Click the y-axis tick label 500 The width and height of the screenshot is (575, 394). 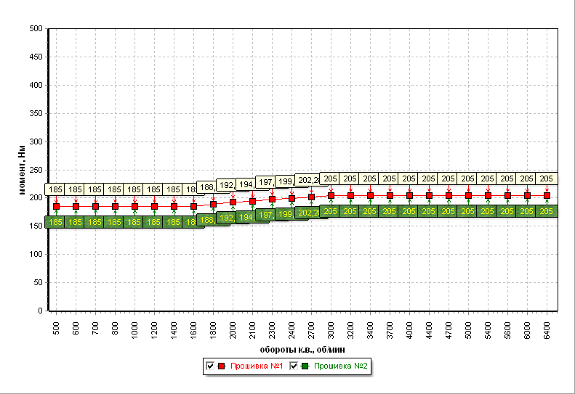(x=35, y=29)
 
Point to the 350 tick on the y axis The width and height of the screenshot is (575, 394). (x=35, y=113)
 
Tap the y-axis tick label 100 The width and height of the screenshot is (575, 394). (x=35, y=255)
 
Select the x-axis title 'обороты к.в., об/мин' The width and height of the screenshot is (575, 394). (x=301, y=348)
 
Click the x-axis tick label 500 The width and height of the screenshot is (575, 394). (x=56, y=325)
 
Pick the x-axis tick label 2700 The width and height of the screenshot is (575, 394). (x=311, y=325)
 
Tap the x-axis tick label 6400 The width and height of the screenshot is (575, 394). (x=547, y=325)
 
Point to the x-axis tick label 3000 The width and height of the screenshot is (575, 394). (x=331, y=325)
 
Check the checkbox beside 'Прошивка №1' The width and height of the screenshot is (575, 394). (x=210, y=366)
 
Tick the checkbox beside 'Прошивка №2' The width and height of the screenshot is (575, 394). (x=294, y=366)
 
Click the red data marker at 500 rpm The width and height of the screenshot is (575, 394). (x=56, y=207)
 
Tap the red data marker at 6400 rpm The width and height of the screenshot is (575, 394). (x=547, y=195)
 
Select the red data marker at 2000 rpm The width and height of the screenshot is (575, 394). (x=233, y=202)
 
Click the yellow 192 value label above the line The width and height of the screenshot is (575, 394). (x=226, y=185)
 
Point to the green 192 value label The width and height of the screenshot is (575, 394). (x=227, y=218)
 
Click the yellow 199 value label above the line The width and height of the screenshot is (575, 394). (x=285, y=181)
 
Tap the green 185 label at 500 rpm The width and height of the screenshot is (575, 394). (x=56, y=222)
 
